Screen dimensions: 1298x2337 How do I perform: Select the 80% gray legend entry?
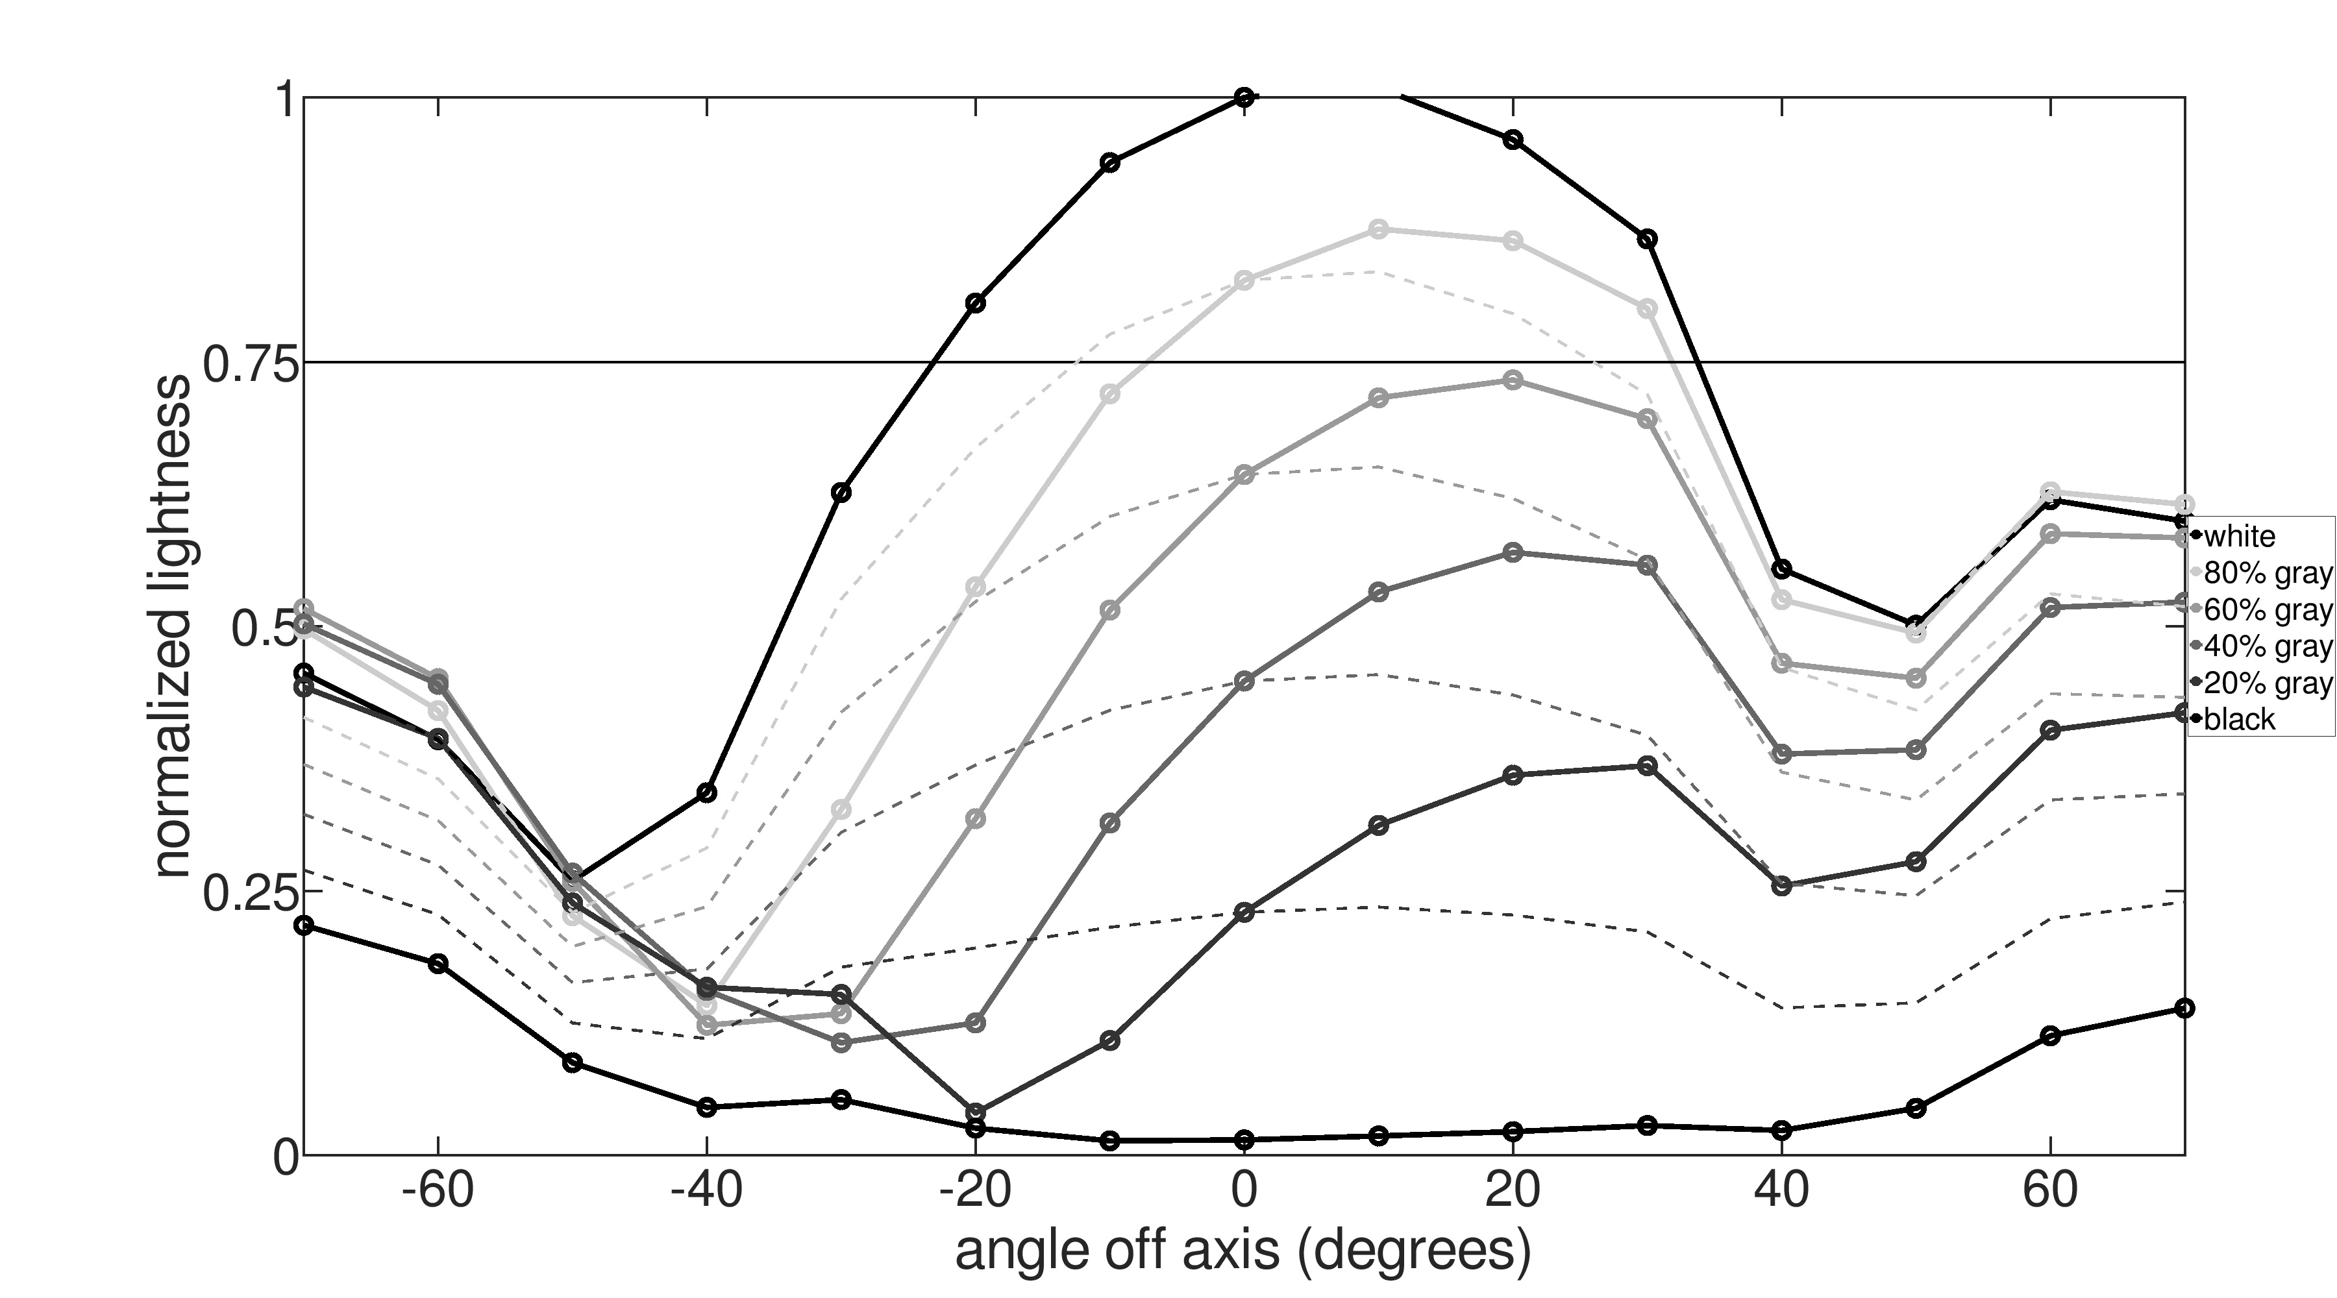pos(2266,573)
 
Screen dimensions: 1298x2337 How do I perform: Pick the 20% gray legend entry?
pos(2266,682)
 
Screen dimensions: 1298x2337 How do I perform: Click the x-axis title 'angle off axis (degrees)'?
pos(1243,1253)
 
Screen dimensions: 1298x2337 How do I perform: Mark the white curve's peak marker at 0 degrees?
pos(1244,98)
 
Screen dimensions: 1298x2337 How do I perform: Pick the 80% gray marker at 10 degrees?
pos(1378,230)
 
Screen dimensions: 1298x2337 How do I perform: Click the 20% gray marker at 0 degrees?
pos(1244,912)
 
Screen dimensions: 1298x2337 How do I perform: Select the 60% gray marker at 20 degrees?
pos(1513,380)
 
